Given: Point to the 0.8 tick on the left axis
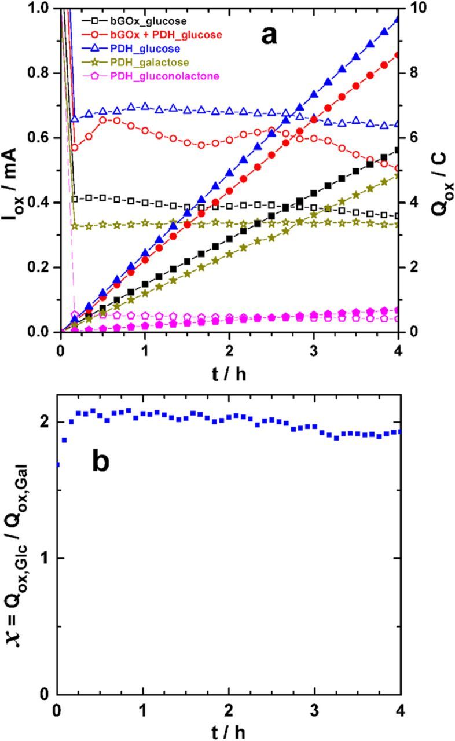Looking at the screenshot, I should coord(38,73).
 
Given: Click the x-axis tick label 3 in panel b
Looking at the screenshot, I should coord(314,709).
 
